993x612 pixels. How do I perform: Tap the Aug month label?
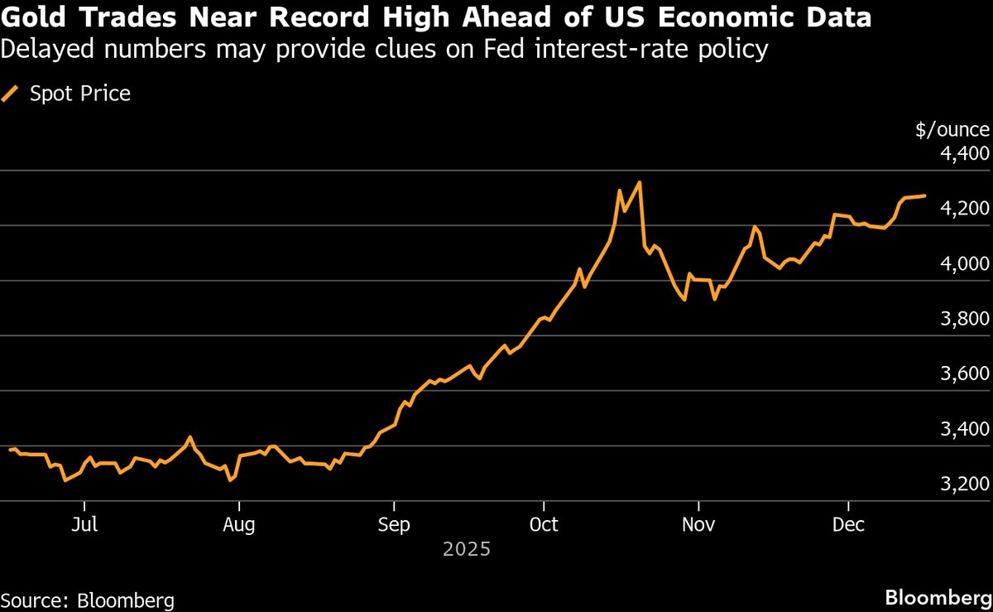(239, 525)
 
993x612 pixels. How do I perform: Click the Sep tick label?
(394, 525)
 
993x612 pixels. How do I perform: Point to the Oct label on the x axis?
(544, 525)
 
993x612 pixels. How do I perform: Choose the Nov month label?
(699, 525)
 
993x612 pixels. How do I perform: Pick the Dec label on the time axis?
(849, 525)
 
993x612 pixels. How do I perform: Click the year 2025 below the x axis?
(467, 549)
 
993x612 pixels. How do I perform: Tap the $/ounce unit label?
(952, 129)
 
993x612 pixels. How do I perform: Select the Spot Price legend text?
(80, 94)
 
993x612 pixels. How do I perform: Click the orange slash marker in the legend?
(11, 94)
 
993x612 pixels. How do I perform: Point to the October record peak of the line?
(639, 182)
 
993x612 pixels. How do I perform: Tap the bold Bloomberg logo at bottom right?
(938, 597)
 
